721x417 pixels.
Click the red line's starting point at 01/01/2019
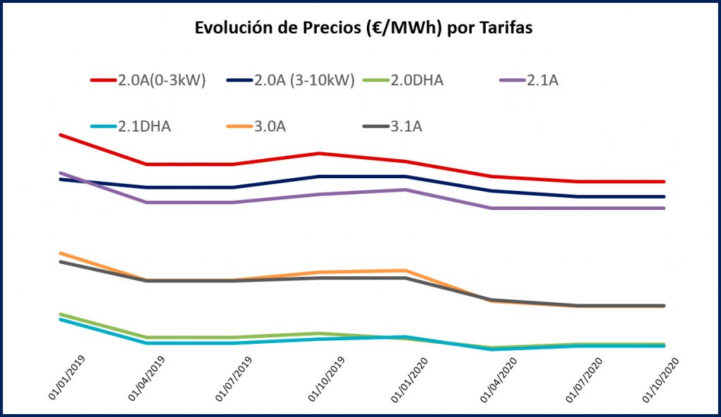point(61,135)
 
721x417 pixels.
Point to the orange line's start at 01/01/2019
point(61,253)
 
